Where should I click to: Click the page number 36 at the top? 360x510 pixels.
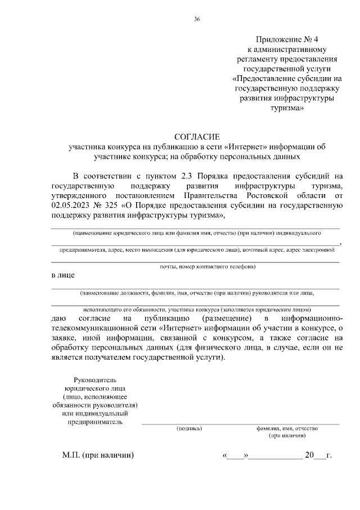click(x=197, y=20)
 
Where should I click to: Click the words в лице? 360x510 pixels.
click(x=62, y=275)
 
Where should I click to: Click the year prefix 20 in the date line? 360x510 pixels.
click(x=309, y=455)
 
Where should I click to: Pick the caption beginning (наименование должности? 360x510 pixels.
click(x=197, y=293)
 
